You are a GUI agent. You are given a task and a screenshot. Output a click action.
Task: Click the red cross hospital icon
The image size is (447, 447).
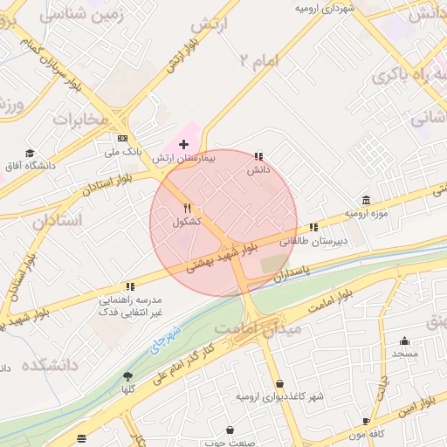[x=183, y=143]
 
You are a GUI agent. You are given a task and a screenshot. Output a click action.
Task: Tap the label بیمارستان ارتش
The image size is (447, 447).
[x=183, y=159]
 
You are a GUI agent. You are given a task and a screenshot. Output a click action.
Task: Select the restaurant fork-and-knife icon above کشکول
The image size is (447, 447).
[x=187, y=208]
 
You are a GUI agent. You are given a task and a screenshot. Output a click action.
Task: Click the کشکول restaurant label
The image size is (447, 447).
[x=187, y=222]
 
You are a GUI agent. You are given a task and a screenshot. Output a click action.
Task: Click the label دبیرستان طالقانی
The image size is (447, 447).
[x=343, y=239]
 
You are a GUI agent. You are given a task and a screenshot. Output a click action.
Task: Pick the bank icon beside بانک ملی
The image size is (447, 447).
[x=122, y=139]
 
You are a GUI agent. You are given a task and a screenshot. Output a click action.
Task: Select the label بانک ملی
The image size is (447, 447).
[x=122, y=153]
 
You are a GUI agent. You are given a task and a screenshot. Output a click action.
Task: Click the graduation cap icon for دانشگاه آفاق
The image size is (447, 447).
[x=31, y=153]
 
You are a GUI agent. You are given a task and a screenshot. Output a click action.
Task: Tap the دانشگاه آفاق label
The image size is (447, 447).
[x=31, y=166]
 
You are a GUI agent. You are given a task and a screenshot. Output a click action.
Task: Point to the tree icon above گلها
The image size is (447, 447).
[x=128, y=377]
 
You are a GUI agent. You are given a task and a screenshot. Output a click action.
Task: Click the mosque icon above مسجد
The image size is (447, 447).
[x=404, y=341]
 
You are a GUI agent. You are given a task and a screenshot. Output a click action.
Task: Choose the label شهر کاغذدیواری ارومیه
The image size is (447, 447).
[x=279, y=397]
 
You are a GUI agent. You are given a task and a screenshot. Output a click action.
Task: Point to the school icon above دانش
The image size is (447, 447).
[x=258, y=156]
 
